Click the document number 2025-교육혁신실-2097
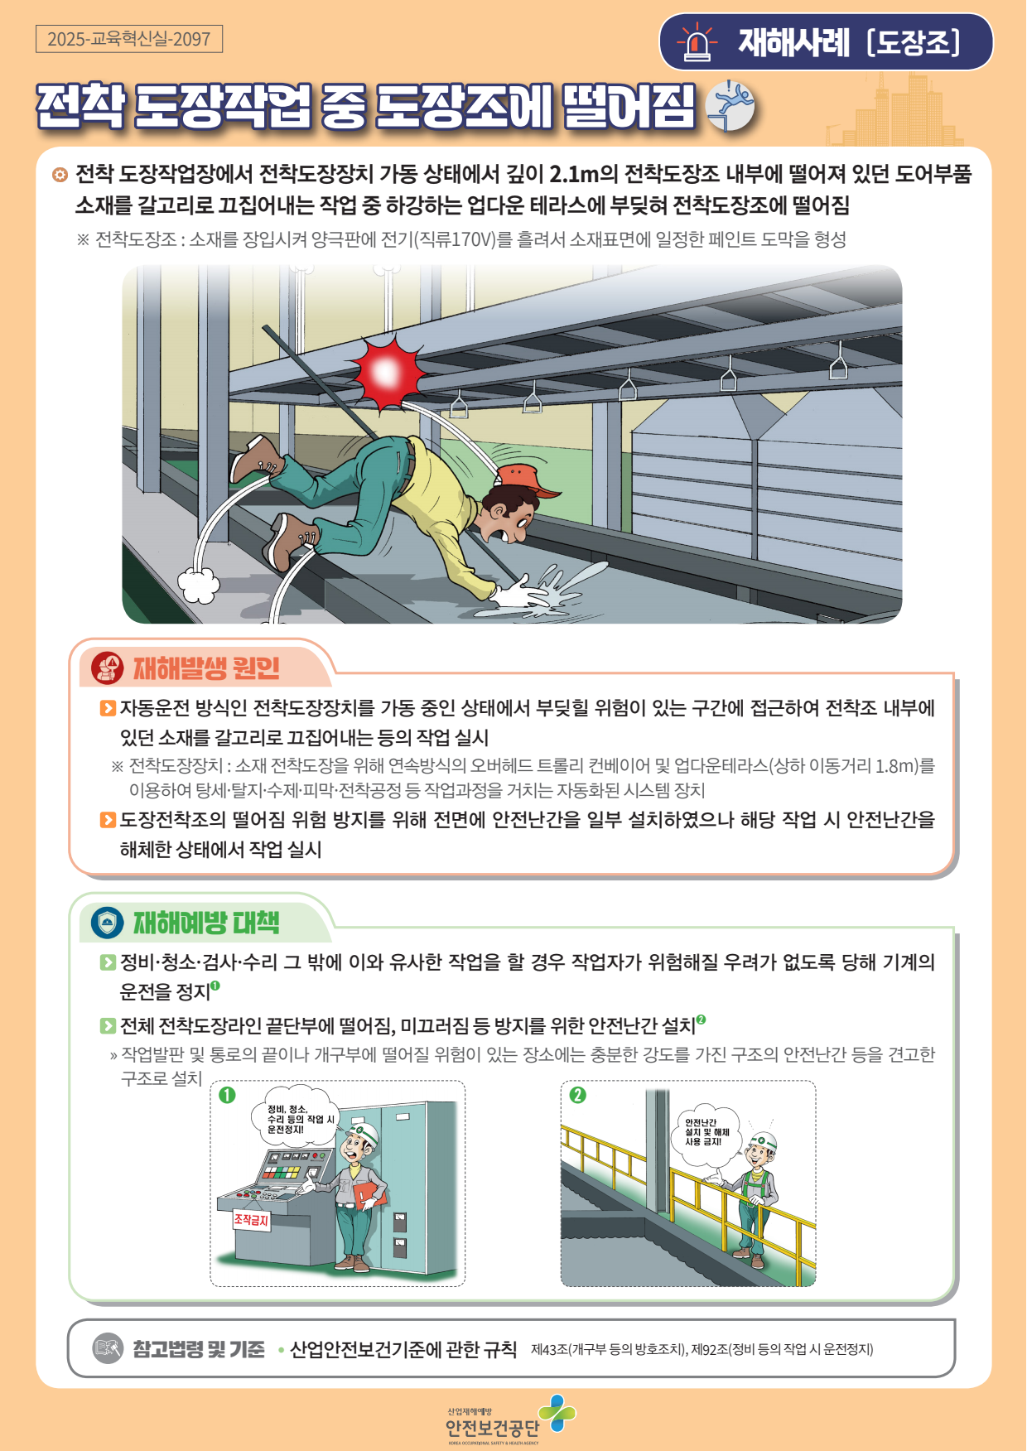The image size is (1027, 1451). coord(129,39)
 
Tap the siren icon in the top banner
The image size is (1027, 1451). coord(697,42)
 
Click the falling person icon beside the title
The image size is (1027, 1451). coord(730,106)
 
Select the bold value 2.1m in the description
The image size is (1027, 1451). coord(573,174)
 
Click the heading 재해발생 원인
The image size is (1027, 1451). coord(206,668)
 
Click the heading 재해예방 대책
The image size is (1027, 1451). coord(206,922)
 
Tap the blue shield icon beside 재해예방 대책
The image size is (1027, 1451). coord(107,923)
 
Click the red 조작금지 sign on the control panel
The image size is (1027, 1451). coord(252,1220)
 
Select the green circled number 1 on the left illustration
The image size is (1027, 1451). coord(227,1095)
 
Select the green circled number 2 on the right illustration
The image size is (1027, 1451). coord(577,1095)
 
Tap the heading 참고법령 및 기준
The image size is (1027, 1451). coord(199,1349)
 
